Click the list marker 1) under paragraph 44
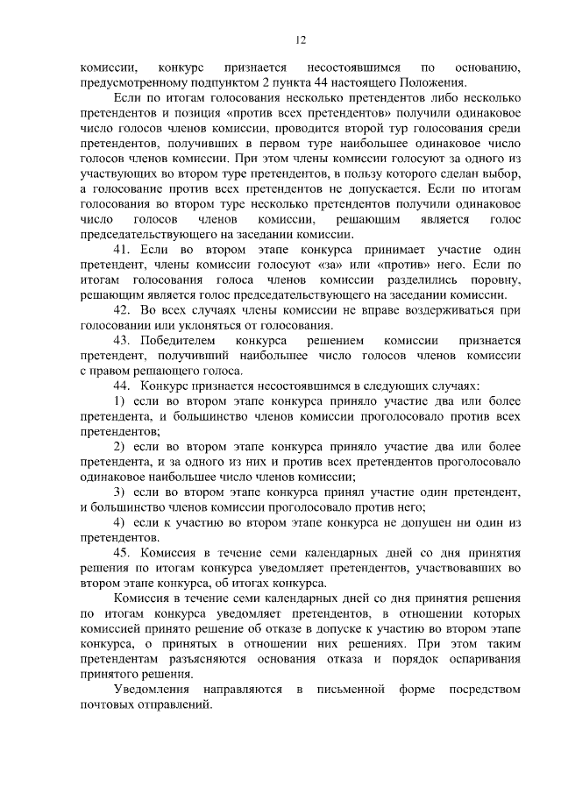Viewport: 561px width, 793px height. click(121, 400)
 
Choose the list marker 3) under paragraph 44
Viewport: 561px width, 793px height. click(121, 492)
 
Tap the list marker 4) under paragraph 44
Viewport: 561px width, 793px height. click(121, 522)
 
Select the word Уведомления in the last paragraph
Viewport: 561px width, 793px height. click(152, 690)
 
